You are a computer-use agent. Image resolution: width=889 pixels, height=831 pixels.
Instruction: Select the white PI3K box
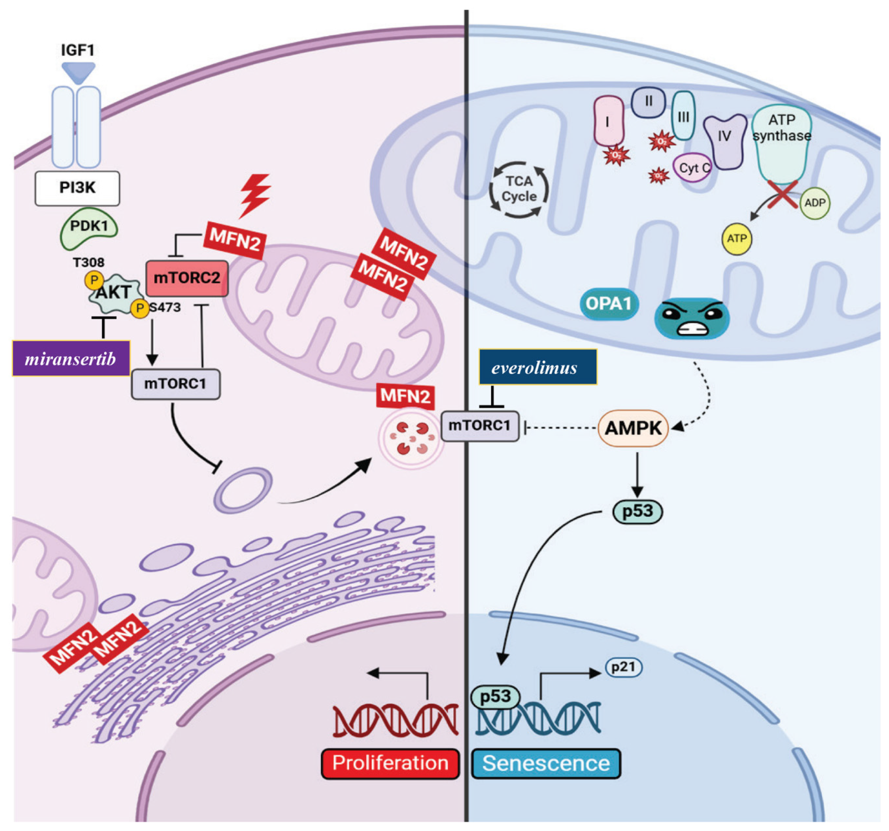coord(77,188)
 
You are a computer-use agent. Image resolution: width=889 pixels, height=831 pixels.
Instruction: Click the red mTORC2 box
coord(187,278)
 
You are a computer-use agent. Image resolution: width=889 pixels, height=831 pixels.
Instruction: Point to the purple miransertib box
coord(71,359)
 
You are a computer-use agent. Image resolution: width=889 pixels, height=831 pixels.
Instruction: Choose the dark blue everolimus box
coord(538,368)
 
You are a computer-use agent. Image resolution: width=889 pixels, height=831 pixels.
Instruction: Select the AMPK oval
coord(633,428)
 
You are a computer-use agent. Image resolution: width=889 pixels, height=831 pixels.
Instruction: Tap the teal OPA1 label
coord(609,304)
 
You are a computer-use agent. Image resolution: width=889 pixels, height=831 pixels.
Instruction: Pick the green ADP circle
coord(815,203)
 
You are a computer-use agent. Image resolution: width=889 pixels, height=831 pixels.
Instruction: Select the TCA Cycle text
coord(519,189)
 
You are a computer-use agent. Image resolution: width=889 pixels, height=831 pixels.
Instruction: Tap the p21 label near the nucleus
coord(623,667)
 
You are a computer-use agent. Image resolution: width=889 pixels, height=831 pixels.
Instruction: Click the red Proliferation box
coord(390,763)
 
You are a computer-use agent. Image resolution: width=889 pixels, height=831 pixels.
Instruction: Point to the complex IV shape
coord(724,140)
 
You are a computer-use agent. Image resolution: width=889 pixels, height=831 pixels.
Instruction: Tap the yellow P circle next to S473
coord(140,308)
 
